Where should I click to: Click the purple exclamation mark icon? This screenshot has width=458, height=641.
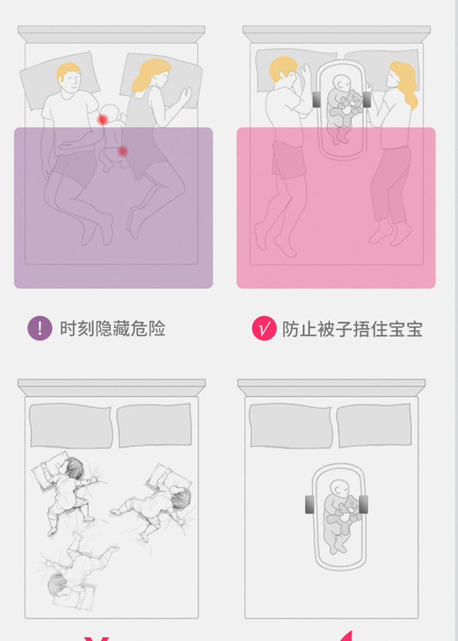coord(40,328)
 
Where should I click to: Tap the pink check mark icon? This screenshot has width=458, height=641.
coord(264,328)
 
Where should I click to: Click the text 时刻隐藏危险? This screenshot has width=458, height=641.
coord(113,329)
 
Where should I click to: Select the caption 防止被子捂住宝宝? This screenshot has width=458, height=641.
coord(352,329)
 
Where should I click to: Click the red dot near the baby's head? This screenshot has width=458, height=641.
coord(102,120)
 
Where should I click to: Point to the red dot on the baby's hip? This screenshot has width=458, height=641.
coord(122,152)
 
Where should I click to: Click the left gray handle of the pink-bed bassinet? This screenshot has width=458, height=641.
coord(317,100)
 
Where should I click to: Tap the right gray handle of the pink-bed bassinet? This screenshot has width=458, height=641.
coord(366,100)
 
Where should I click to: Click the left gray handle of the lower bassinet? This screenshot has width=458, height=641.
coord(310,505)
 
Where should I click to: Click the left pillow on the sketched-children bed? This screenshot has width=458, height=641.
coord(71,426)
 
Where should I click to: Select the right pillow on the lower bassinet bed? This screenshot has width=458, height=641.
coord(374,425)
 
